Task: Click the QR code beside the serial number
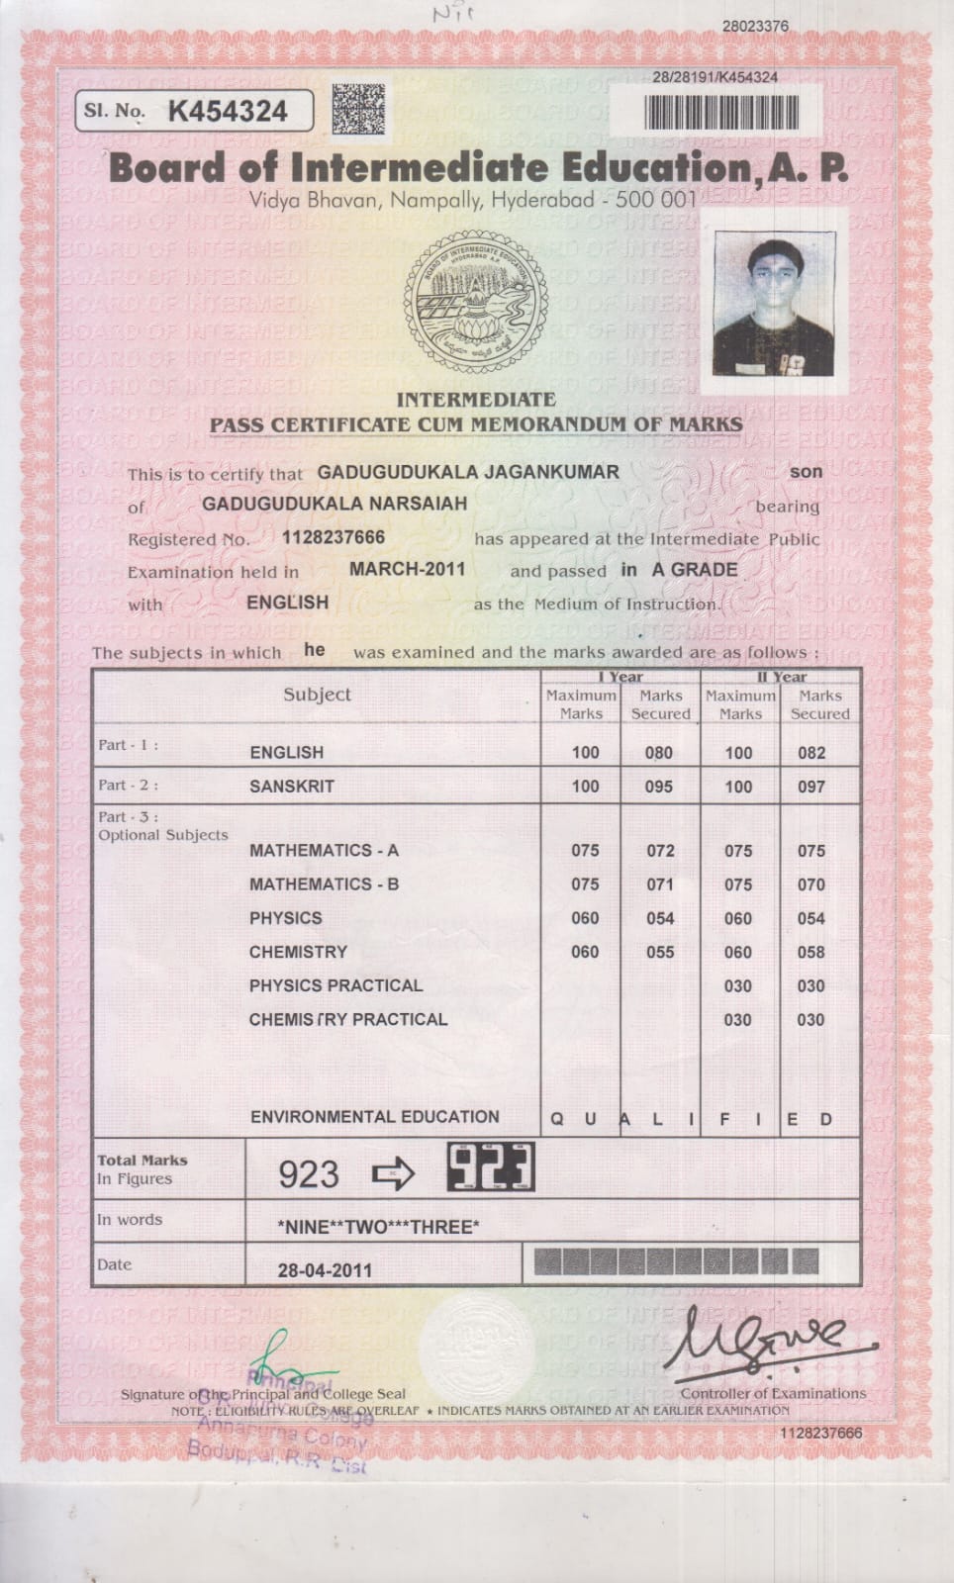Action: click(x=357, y=110)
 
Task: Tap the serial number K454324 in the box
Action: click(x=228, y=111)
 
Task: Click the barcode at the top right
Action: click(x=720, y=111)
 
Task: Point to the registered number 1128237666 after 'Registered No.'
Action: click(x=334, y=537)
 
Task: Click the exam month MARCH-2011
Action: click(x=407, y=569)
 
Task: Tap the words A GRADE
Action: click(x=694, y=570)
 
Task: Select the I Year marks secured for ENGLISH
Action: click(x=658, y=753)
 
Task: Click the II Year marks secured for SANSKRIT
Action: click(x=811, y=787)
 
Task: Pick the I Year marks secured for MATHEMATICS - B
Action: click(x=660, y=885)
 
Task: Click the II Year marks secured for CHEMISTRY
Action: click(x=811, y=952)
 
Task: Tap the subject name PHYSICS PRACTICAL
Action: click(x=335, y=985)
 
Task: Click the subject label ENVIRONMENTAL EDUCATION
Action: click(x=374, y=1117)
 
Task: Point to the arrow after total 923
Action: click(x=393, y=1174)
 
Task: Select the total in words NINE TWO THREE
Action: click(x=379, y=1228)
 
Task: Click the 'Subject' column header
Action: click(x=317, y=695)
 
